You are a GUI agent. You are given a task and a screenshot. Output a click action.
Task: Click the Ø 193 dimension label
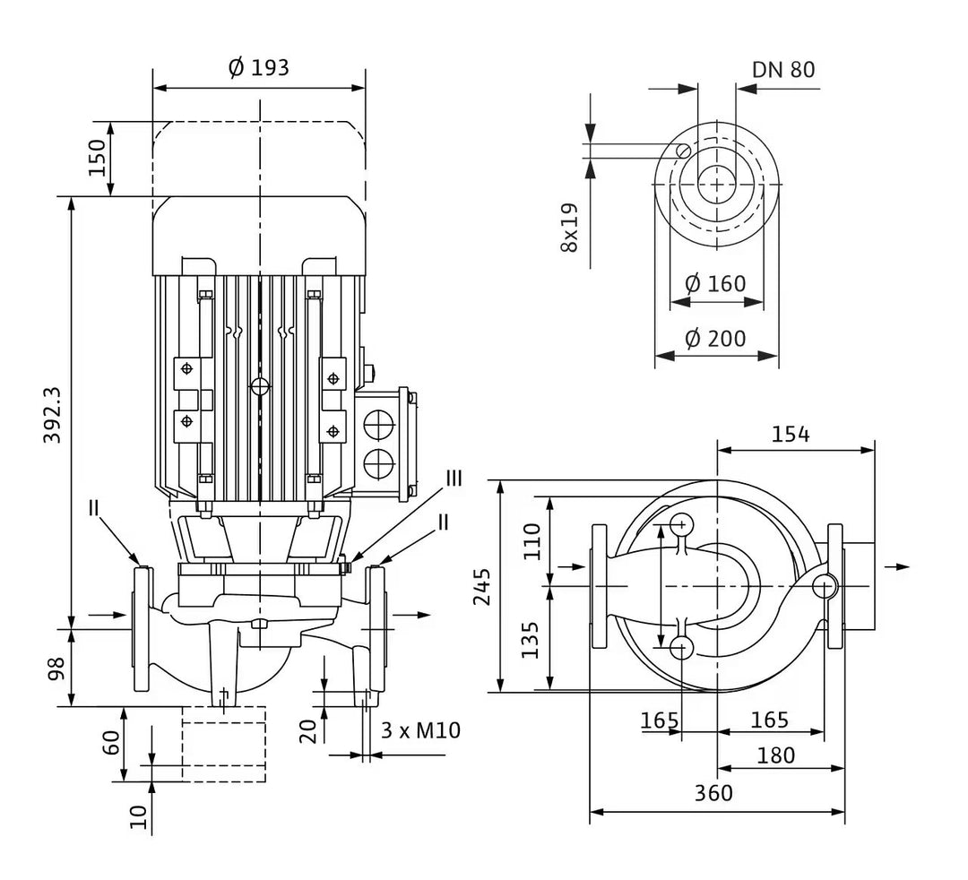point(259,67)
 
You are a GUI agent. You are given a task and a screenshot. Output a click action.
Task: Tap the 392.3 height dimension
point(53,415)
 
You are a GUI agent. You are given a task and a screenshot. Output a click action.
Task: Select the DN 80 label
point(783,70)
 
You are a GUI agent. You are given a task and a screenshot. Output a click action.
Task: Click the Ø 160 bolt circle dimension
point(715,284)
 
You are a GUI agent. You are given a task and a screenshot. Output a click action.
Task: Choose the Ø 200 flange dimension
point(715,338)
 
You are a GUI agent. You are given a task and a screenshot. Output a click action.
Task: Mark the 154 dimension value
point(791,435)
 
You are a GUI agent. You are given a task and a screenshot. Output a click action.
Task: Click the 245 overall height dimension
point(482,586)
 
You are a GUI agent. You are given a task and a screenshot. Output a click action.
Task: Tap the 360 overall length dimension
point(713,792)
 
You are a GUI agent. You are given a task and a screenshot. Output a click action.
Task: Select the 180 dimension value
point(776,755)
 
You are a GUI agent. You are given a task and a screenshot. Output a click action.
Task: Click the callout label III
point(454,479)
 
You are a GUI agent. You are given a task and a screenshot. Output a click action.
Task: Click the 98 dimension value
point(56,669)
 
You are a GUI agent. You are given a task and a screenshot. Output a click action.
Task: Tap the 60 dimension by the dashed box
point(111,742)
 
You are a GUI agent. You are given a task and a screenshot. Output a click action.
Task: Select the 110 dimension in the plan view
point(532,541)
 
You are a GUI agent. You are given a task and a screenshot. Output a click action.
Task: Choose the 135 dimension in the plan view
point(531,640)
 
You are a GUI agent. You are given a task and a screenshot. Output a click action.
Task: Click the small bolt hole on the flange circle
point(683,150)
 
